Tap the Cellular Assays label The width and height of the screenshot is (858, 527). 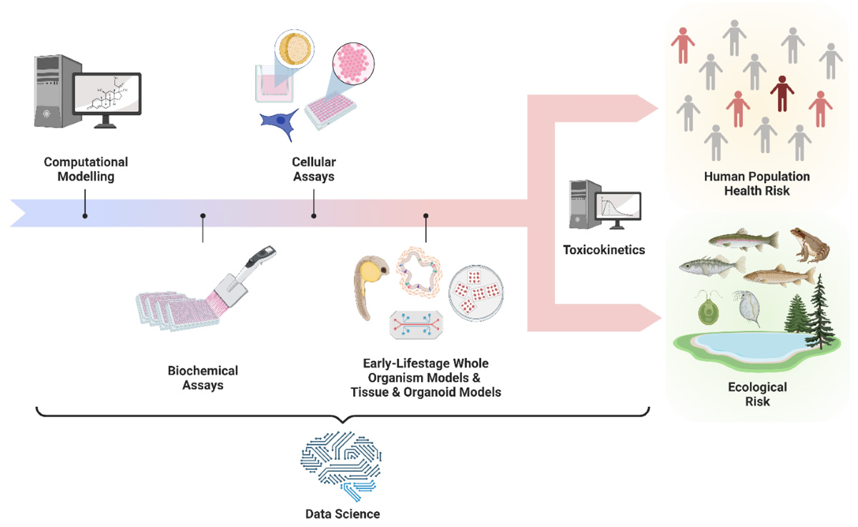[x=313, y=169]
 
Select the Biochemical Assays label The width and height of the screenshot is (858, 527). [x=203, y=378]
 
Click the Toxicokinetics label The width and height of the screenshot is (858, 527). [x=604, y=250]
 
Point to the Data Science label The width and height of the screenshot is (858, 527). [x=342, y=513]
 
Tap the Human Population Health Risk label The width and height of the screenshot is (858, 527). [x=757, y=183]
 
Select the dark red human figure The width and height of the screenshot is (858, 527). [x=782, y=92]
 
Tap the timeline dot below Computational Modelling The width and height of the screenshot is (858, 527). [x=85, y=215]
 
